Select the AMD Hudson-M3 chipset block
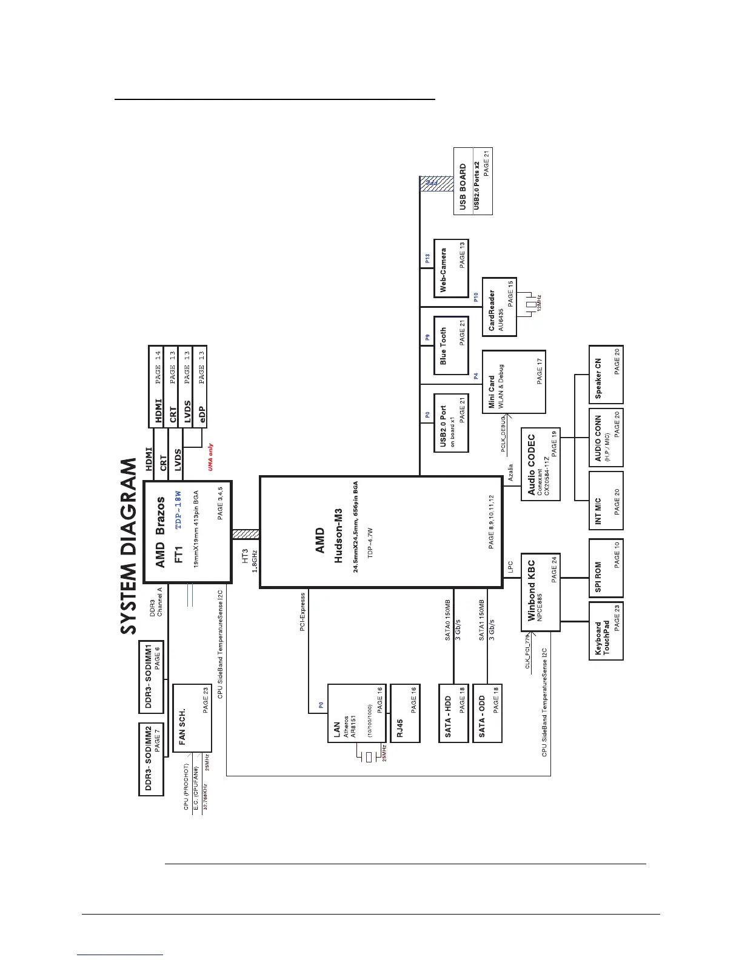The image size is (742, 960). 381,532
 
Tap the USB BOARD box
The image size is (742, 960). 473,181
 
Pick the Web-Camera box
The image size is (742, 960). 452,268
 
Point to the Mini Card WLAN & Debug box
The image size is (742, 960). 513,382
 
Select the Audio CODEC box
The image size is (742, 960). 540,464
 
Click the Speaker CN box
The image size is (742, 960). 606,374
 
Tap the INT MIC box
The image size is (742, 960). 606,502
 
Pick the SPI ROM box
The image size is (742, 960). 606,567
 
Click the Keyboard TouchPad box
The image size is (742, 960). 606,630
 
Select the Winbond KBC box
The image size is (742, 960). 540,592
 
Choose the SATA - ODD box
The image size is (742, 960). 487,713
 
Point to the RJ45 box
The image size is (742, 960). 405,713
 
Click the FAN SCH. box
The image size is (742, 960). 192,718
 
